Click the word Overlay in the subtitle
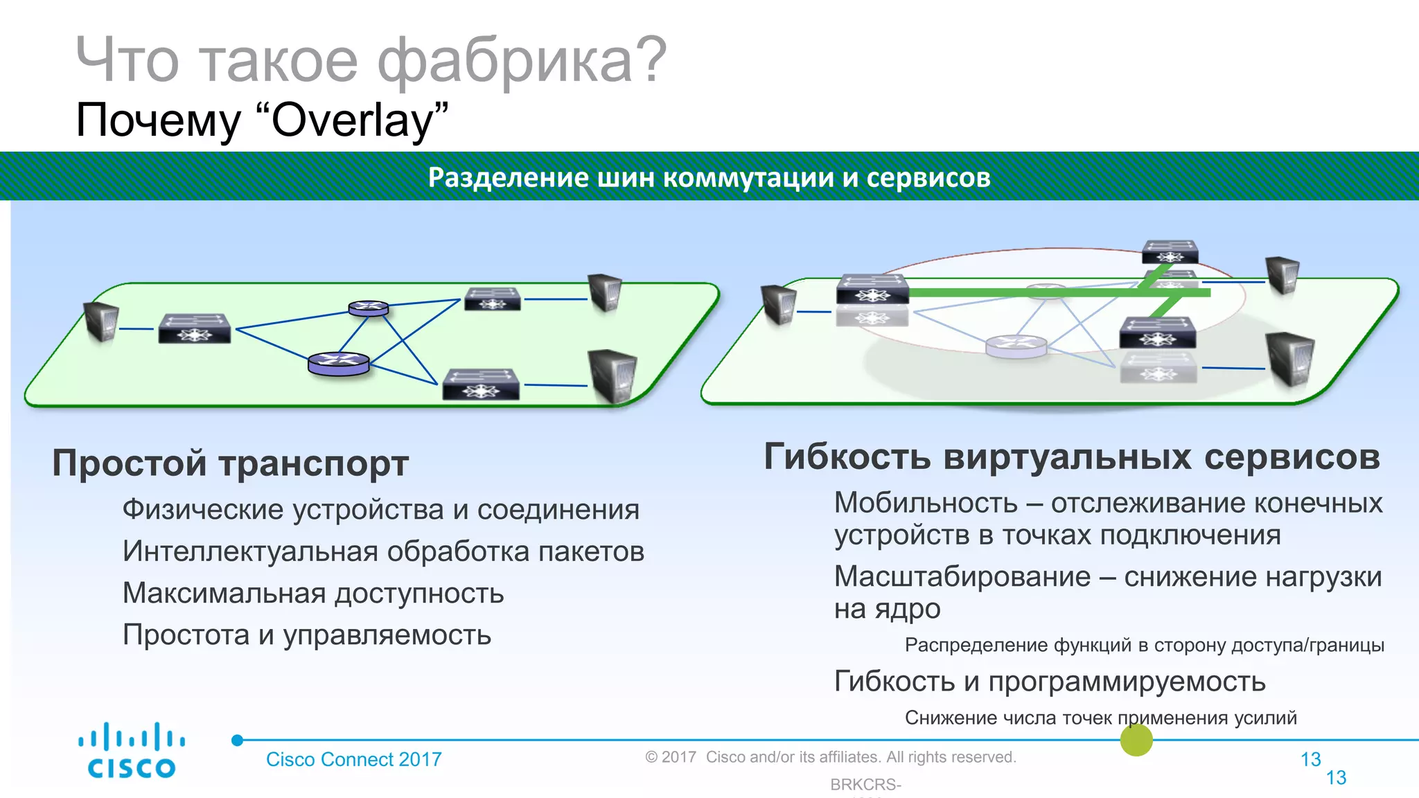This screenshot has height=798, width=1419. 352,121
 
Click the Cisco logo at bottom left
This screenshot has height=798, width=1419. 132,750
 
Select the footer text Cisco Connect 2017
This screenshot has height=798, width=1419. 353,759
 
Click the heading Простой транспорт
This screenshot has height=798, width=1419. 230,463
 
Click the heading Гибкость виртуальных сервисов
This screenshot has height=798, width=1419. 1071,457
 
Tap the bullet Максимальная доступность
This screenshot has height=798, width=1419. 313,594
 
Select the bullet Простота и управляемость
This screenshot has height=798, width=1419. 307,635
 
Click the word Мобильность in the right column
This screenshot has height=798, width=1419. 925,503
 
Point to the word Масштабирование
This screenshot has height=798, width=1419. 962,576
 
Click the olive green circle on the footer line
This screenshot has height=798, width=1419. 1136,740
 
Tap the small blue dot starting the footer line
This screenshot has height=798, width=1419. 238,740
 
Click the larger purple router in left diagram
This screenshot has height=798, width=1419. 339,363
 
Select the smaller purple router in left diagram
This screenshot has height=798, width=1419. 368,308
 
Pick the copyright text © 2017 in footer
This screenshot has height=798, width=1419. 670,757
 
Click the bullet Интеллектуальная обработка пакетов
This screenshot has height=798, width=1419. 383,552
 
